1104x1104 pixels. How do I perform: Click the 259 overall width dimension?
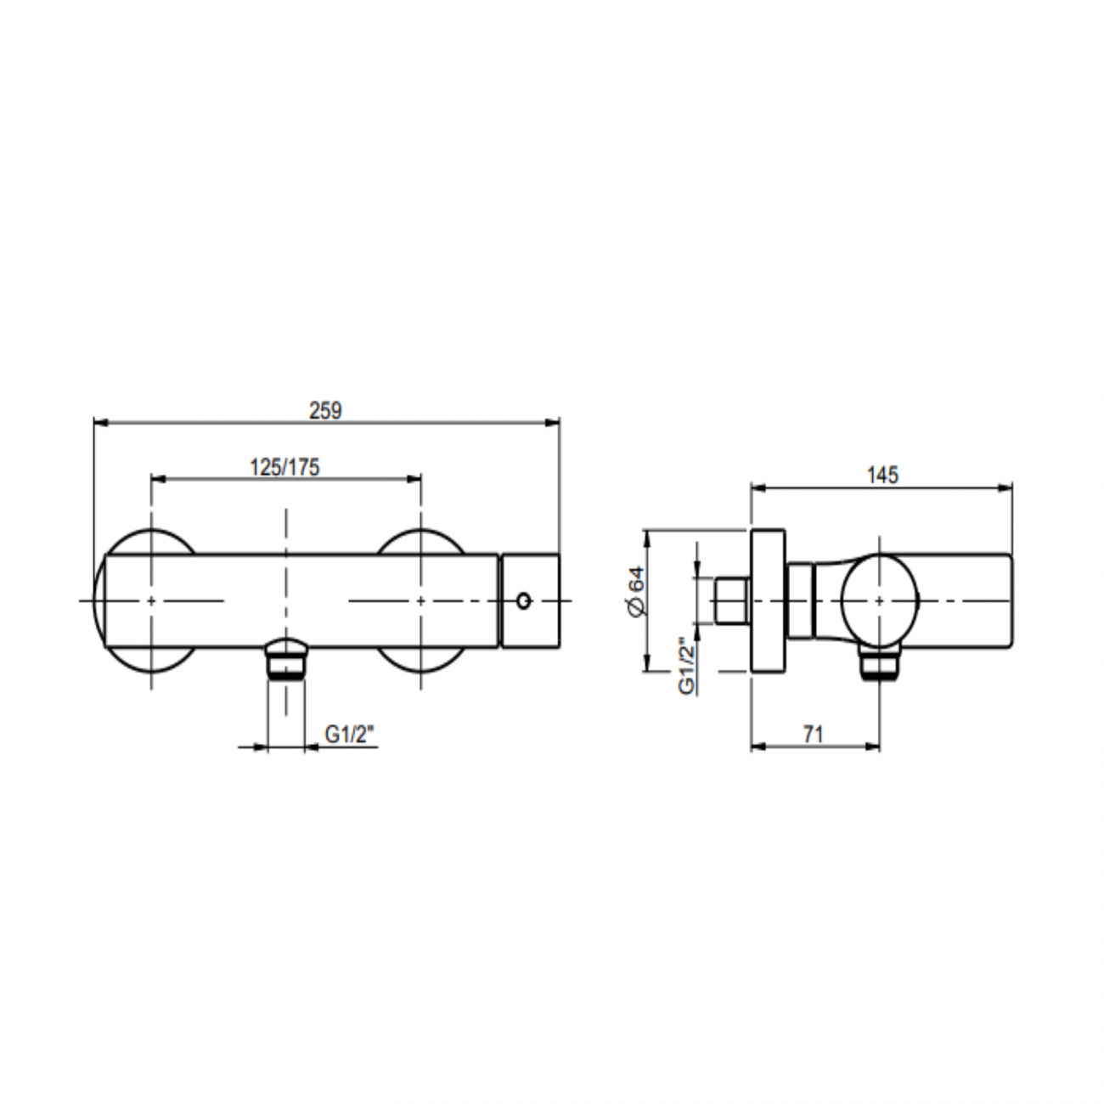(x=325, y=410)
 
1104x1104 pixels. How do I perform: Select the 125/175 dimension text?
(x=284, y=467)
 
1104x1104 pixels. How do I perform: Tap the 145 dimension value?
(x=882, y=475)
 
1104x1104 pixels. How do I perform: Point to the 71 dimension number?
(x=813, y=734)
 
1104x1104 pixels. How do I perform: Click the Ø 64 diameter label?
(x=637, y=592)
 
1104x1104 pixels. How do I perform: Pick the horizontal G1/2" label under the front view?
(x=350, y=734)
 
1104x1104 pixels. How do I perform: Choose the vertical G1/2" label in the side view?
(x=686, y=666)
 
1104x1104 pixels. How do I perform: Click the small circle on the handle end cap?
(x=524, y=601)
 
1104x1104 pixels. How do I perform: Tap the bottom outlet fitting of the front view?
(x=286, y=658)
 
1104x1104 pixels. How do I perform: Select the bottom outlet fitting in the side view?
(x=880, y=662)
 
